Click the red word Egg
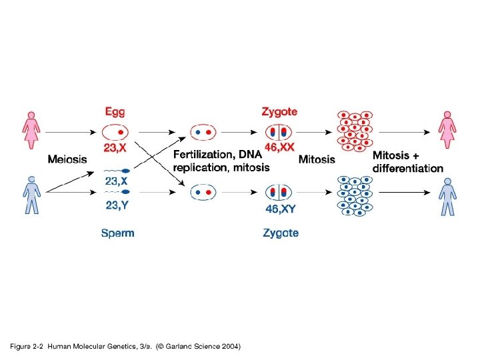(x=114, y=111)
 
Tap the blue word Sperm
(x=117, y=233)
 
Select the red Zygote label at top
(x=279, y=111)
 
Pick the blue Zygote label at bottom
(x=280, y=233)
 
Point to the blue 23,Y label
(x=119, y=205)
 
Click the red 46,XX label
(x=279, y=147)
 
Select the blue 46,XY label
(x=281, y=208)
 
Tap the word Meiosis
(x=67, y=159)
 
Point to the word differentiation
(x=407, y=168)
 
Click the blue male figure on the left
(x=31, y=195)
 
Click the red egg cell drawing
(x=115, y=131)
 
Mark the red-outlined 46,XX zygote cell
(x=279, y=131)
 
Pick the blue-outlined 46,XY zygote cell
(x=279, y=193)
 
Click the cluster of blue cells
(x=353, y=195)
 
